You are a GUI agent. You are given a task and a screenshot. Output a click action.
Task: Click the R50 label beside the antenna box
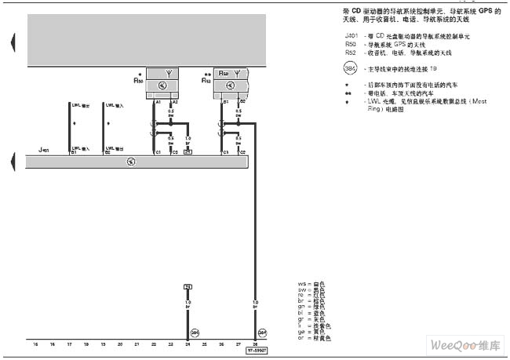click(139, 80)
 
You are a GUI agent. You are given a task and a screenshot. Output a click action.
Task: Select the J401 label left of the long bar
click(42, 147)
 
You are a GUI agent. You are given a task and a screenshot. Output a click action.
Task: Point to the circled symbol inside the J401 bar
click(132, 162)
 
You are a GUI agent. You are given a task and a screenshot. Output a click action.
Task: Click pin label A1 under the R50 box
click(158, 103)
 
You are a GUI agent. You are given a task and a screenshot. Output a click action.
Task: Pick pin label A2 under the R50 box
click(175, 103)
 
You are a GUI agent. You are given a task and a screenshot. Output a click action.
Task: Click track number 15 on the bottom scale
click(35, 344)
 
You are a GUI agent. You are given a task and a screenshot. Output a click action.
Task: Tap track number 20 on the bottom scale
click(120, 344)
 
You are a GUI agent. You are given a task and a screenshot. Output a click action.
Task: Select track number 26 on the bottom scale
click(222, 344)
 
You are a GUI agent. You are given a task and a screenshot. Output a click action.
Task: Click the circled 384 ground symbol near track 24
click(195, 332)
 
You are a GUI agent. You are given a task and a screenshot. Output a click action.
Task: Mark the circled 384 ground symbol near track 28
click(263, 332)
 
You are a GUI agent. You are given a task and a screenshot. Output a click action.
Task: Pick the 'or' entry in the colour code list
click(301, 338)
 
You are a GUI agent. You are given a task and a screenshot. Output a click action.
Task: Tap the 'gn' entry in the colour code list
click(301, 307)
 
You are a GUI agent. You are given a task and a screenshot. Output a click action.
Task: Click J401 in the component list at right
click(350, 36)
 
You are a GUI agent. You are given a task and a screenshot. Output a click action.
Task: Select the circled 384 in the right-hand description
click(350, 69)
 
